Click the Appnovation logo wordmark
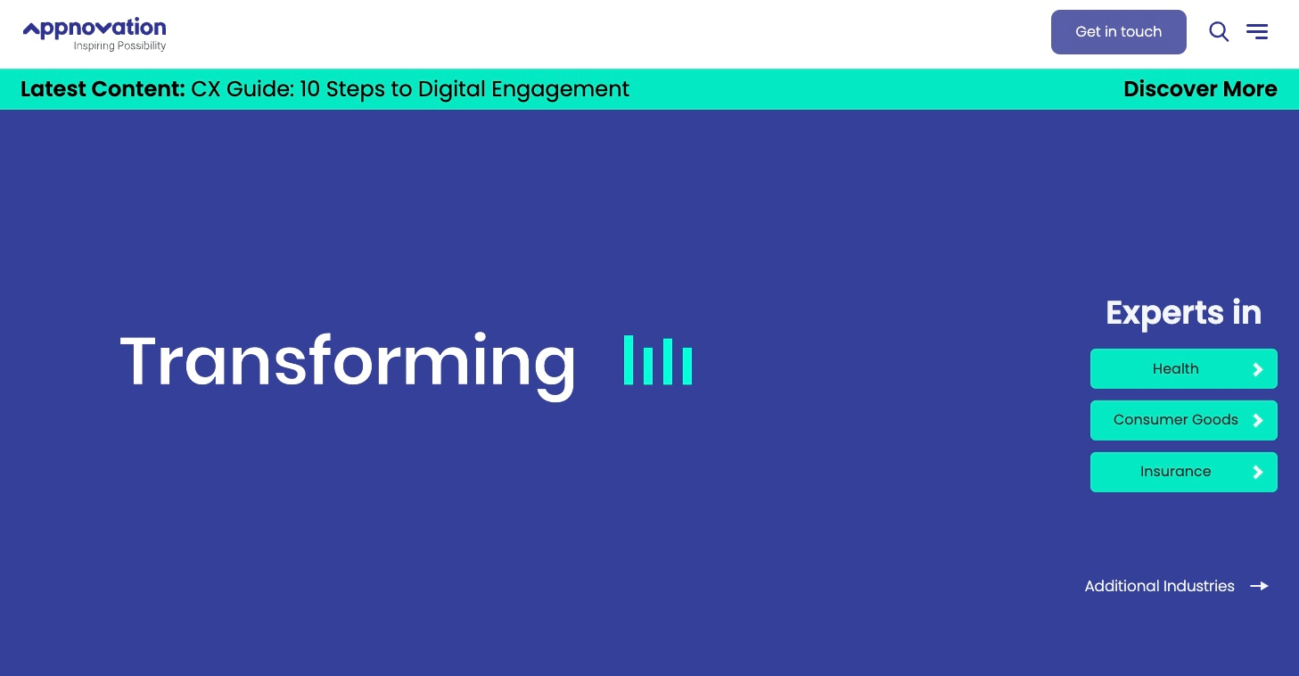point(95,28)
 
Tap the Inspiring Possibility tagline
point(119,45)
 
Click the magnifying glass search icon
point(1219,31)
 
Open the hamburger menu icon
point(1257,31)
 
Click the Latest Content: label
point(103,89)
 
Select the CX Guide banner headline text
point(410,89)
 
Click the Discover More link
point(1200,89)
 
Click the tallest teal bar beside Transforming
point(628,359)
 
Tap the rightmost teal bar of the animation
point(687,366)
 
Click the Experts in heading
point(1184,313)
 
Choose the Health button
point(1184,368)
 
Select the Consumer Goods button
point(1184,420)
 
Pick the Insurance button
point(1184,472)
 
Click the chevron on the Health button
point(1258,369)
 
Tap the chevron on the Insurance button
point(1258,473)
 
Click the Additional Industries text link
point(1159,586)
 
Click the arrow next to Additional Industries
point(1259,586)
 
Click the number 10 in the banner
point(309,89)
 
